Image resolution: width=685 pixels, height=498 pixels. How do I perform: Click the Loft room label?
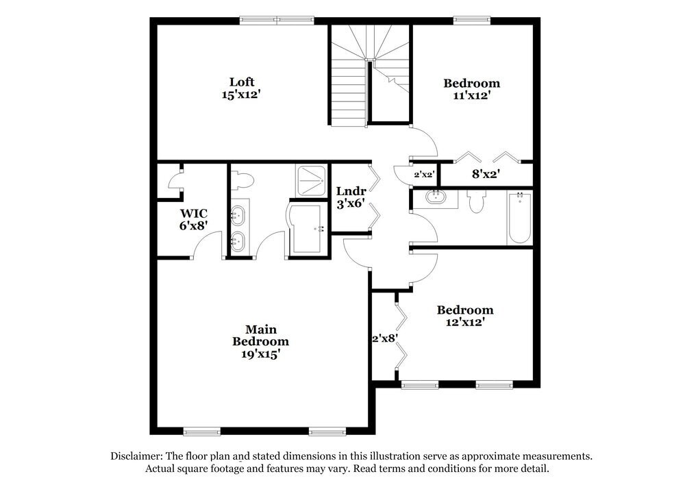[x=242, y=82]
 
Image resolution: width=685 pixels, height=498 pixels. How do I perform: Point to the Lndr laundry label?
[x=351, y=191]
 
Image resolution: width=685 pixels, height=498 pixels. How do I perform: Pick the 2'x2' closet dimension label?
[x=424, y=175]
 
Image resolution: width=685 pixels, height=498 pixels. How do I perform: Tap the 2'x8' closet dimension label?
[x=385, y=338]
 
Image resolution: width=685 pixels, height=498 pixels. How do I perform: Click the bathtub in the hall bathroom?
[x=519, y=218]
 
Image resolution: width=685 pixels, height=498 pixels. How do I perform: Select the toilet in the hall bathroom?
[x=476, y=201]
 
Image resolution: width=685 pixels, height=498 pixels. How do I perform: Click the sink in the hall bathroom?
[x=435, y=199]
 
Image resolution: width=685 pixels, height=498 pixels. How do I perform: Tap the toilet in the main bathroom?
[x=242, y=179]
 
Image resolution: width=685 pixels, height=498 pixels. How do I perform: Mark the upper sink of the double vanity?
[x=238, y=216]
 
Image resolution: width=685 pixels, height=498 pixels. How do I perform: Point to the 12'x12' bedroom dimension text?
[x=465, y=322]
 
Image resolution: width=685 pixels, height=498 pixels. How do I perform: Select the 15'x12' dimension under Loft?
[x=241, y=95]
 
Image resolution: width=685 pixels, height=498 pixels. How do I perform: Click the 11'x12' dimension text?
[x=471, y=96]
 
